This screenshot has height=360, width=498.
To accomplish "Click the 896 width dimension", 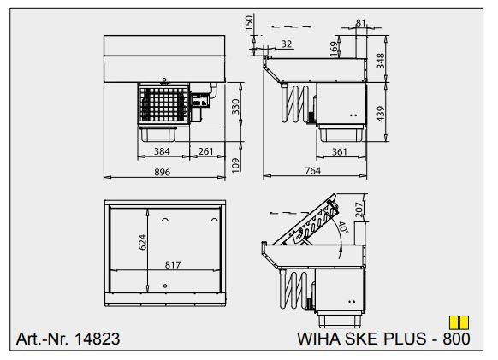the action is pos(163,172).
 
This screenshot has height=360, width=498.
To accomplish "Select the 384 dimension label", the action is pos(162,151).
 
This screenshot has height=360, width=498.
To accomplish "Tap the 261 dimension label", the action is pos(206,151).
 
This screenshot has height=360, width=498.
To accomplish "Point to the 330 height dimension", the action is pos(235,107).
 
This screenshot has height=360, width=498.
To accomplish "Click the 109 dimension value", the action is pos(235,165).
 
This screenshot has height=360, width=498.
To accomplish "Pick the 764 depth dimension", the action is pos(313,171).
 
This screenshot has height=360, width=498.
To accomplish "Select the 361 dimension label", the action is pos(340,151).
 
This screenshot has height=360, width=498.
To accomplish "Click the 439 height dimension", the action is pos(380,114).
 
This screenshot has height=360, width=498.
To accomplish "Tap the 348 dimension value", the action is pos(380,61).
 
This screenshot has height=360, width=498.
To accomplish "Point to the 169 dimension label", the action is pos(334,50).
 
